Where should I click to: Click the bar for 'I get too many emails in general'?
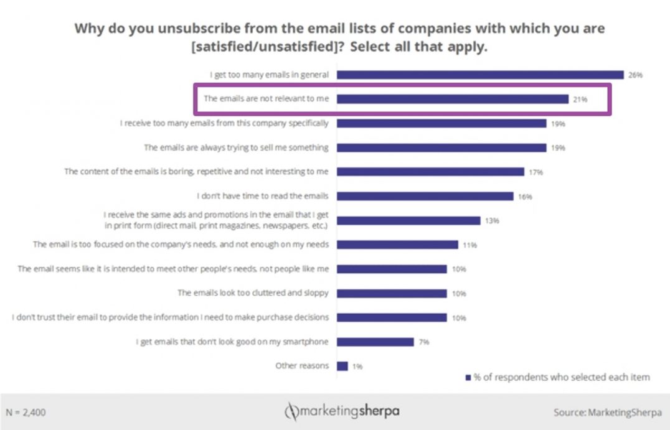pyautogui.click(x=480, y=75)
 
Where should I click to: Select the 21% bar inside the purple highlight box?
pyautogui.click(x=453, y=99)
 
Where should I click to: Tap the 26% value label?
pyautogui.click(x=635, y=75)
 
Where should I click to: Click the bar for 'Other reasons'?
pyautogui.click(x=342, y=366)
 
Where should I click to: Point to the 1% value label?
pyautogui.click(x=357, y=367)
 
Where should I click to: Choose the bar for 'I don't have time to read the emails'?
pyautogui.click(x=425, y=196)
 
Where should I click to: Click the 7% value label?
pyautogui.click(x=425, y=342)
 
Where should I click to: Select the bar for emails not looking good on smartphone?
pyautogui.click(x=375, y=342)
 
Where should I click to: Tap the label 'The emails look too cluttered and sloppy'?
pyautogui.click(x=253, y=292)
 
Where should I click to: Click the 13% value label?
pyautogui.click(x=491, y=221)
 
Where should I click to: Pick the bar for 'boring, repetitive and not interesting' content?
pyautogui.click(x=430, y=172)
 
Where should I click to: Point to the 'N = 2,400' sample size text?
pyautogui.click(x=26, y=412)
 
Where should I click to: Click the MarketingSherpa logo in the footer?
pyautogui.click(x=342, y=411)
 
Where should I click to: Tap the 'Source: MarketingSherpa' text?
pyautogui.click(x=607, y=412)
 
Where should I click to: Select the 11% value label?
pyautogui.click(x=469, y=245)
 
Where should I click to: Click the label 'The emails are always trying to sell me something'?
pyautogui.click(x=236, y=147)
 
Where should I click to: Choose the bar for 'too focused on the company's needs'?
pyautogui.click(x=397, y=245)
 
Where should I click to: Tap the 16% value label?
pyautogui.click(x=524, y=197)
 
